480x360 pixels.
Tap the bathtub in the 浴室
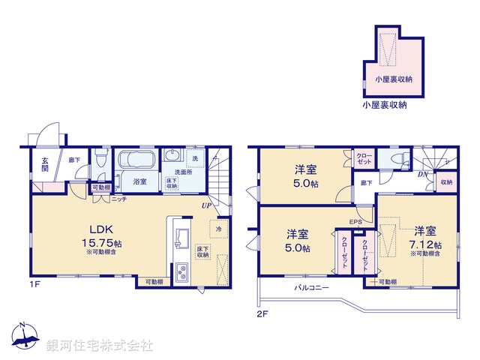[x=135, y=162]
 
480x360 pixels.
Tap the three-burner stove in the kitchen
[x=181, y=273]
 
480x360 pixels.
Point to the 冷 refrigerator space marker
[x=218, y=229]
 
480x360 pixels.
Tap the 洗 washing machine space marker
[x=194, y=158]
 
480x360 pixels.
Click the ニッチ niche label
[x=119, y=199]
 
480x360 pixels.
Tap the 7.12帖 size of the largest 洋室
[x=424, y=244]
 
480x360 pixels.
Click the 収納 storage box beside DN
[x=446, y=181]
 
